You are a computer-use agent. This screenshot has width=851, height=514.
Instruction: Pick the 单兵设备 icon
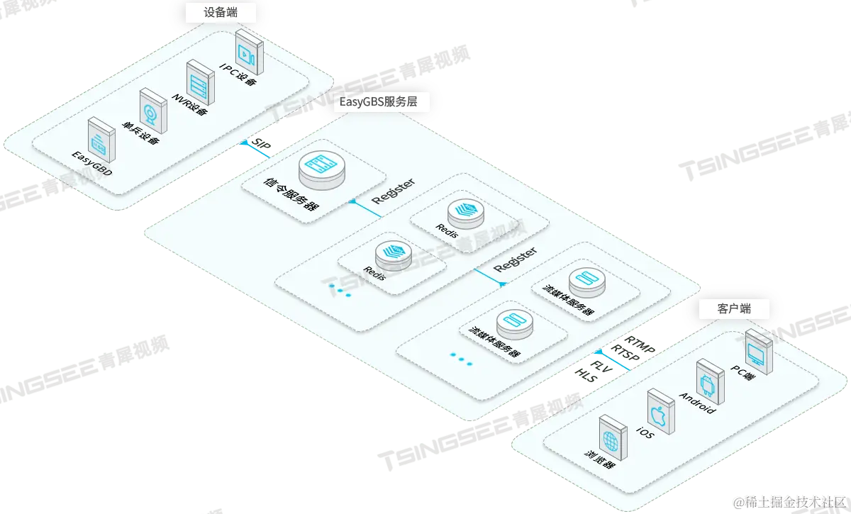click(152, 111)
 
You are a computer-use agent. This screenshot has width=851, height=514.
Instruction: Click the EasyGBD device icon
click(102, 140)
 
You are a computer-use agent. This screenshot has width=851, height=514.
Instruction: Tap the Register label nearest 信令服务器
click(394, 191)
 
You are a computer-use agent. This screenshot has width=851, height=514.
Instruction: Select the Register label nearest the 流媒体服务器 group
click(516, 260)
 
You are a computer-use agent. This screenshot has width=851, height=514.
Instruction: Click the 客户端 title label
click(733, 308)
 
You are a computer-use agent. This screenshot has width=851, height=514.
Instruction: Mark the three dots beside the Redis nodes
click(340, 291)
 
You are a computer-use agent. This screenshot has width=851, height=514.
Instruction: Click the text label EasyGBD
click(92, 163)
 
